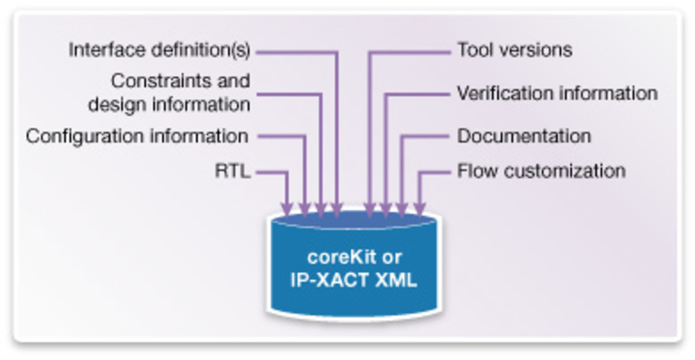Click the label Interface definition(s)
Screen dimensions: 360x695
pos(159,51)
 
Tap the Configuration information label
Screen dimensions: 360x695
pos(137,136)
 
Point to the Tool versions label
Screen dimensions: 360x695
pos(514,51)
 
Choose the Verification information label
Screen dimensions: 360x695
pos(557,93)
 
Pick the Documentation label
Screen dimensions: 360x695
pos(523,136)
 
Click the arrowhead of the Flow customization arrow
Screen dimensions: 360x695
pos(419,209)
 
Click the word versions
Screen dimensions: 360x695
pos(535,51)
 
